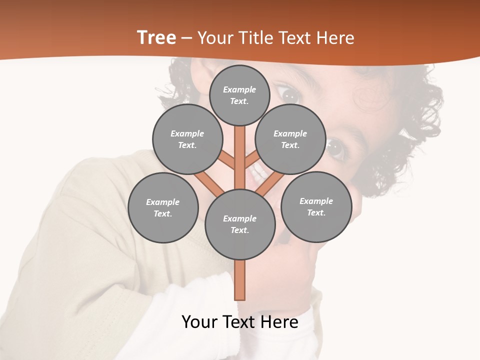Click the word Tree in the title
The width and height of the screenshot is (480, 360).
click(x=156, y=38)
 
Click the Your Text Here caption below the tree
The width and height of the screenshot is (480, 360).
click(x=240, y=322)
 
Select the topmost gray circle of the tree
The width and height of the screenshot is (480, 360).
click(x=239, y=95)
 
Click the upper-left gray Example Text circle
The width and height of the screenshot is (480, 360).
click(x=187, y=139)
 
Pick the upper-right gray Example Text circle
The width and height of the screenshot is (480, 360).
click(x=290, y=139)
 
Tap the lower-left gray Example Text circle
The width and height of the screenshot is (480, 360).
click(x=163, y=207)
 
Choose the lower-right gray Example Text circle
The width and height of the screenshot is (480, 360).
click(x=316, y=206)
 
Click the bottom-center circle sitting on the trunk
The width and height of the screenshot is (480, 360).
click(x=240, y=224)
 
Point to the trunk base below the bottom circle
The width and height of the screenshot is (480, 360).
click(x=240, y=280)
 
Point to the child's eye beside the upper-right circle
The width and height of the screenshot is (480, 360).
click(x=336, y=148)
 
